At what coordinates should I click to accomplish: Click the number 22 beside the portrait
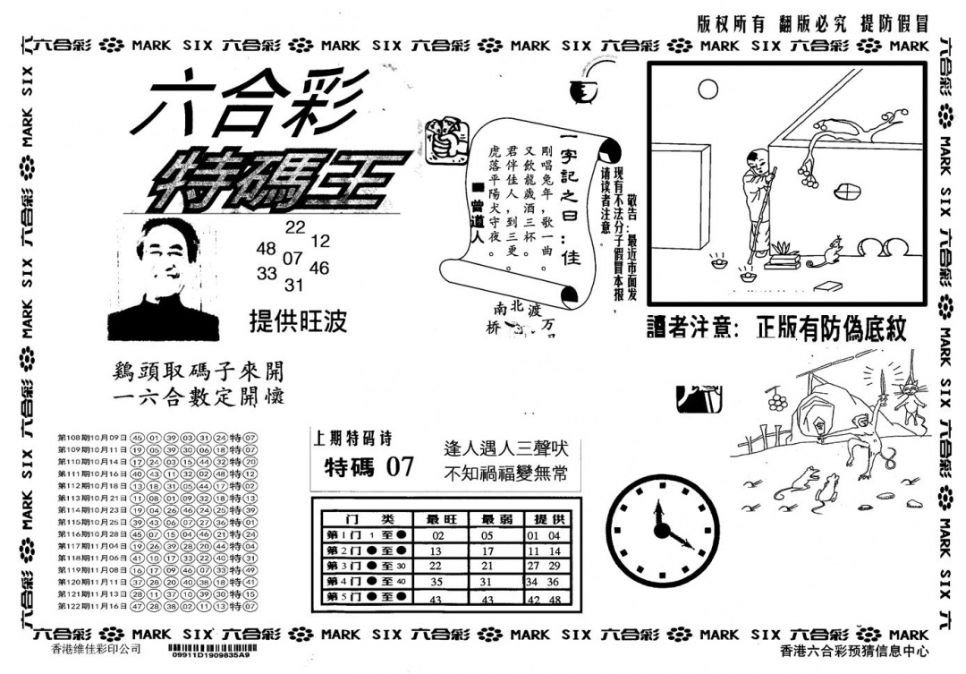click(x=295, y=228)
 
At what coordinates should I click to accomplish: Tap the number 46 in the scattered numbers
click(x=319, y=268)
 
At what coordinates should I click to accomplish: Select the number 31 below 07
click(x=294, y=286)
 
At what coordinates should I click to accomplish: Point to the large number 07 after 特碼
click(x=400, y=466)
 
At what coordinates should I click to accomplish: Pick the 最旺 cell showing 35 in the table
click(x=437, y=582)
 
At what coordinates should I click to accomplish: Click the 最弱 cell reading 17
click(x=487, y=550)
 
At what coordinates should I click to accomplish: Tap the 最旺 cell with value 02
click(x=437, y=535)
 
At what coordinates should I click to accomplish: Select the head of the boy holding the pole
click(x=757, y=162)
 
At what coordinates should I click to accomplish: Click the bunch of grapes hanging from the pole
click(x=776, y=401)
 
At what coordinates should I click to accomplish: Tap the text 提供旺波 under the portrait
click(x=298, y=321)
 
